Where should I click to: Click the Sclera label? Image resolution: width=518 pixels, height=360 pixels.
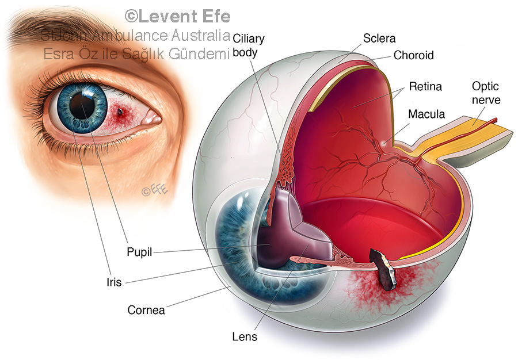379,39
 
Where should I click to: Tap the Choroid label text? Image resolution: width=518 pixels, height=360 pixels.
413,56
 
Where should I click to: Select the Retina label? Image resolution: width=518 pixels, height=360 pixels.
425,87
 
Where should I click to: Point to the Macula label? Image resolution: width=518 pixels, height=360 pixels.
426,114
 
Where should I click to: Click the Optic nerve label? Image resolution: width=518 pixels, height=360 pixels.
486,93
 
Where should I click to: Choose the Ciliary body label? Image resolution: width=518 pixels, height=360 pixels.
249,45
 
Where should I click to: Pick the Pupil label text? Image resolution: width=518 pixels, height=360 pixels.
139,252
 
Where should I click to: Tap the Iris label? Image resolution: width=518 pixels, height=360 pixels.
114,282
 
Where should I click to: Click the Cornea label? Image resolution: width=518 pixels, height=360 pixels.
146,310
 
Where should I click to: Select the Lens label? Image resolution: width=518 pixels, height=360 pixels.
245,336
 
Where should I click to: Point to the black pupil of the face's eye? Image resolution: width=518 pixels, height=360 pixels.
79,104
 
